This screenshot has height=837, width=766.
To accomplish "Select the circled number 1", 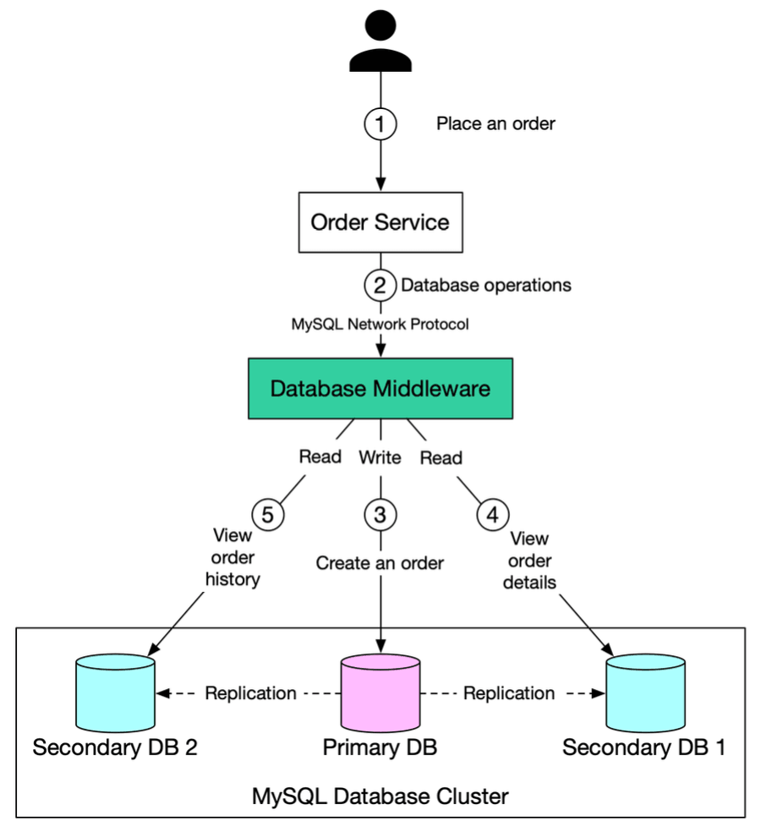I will (x=380, y=124).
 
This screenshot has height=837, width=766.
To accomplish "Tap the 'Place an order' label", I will (x=495, y=124).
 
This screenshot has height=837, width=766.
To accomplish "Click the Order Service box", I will (x=380, y=222).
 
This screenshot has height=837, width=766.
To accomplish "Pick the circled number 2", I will (x=380, y=285).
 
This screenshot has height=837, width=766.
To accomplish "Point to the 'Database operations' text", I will (x=485, y=285).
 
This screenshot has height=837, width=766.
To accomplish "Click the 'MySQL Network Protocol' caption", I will (x=380, y=324).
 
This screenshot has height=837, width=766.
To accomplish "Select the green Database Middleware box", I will (x=380, y=389).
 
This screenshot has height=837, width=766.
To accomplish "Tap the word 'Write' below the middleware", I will (x=380, y=458).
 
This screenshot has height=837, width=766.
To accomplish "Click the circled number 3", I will (x=380, y=513).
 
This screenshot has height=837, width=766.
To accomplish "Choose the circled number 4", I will (x=493, y=513).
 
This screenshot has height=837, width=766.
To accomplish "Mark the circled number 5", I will (x=267, y=513).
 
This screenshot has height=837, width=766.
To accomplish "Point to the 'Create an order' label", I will (x=380, y=562).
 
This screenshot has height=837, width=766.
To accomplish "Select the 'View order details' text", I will (x=530, y=560).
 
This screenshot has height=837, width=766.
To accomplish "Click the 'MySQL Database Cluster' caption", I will (x=380, y=796).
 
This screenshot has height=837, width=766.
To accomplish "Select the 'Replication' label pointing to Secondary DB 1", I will (x=509, y=693).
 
